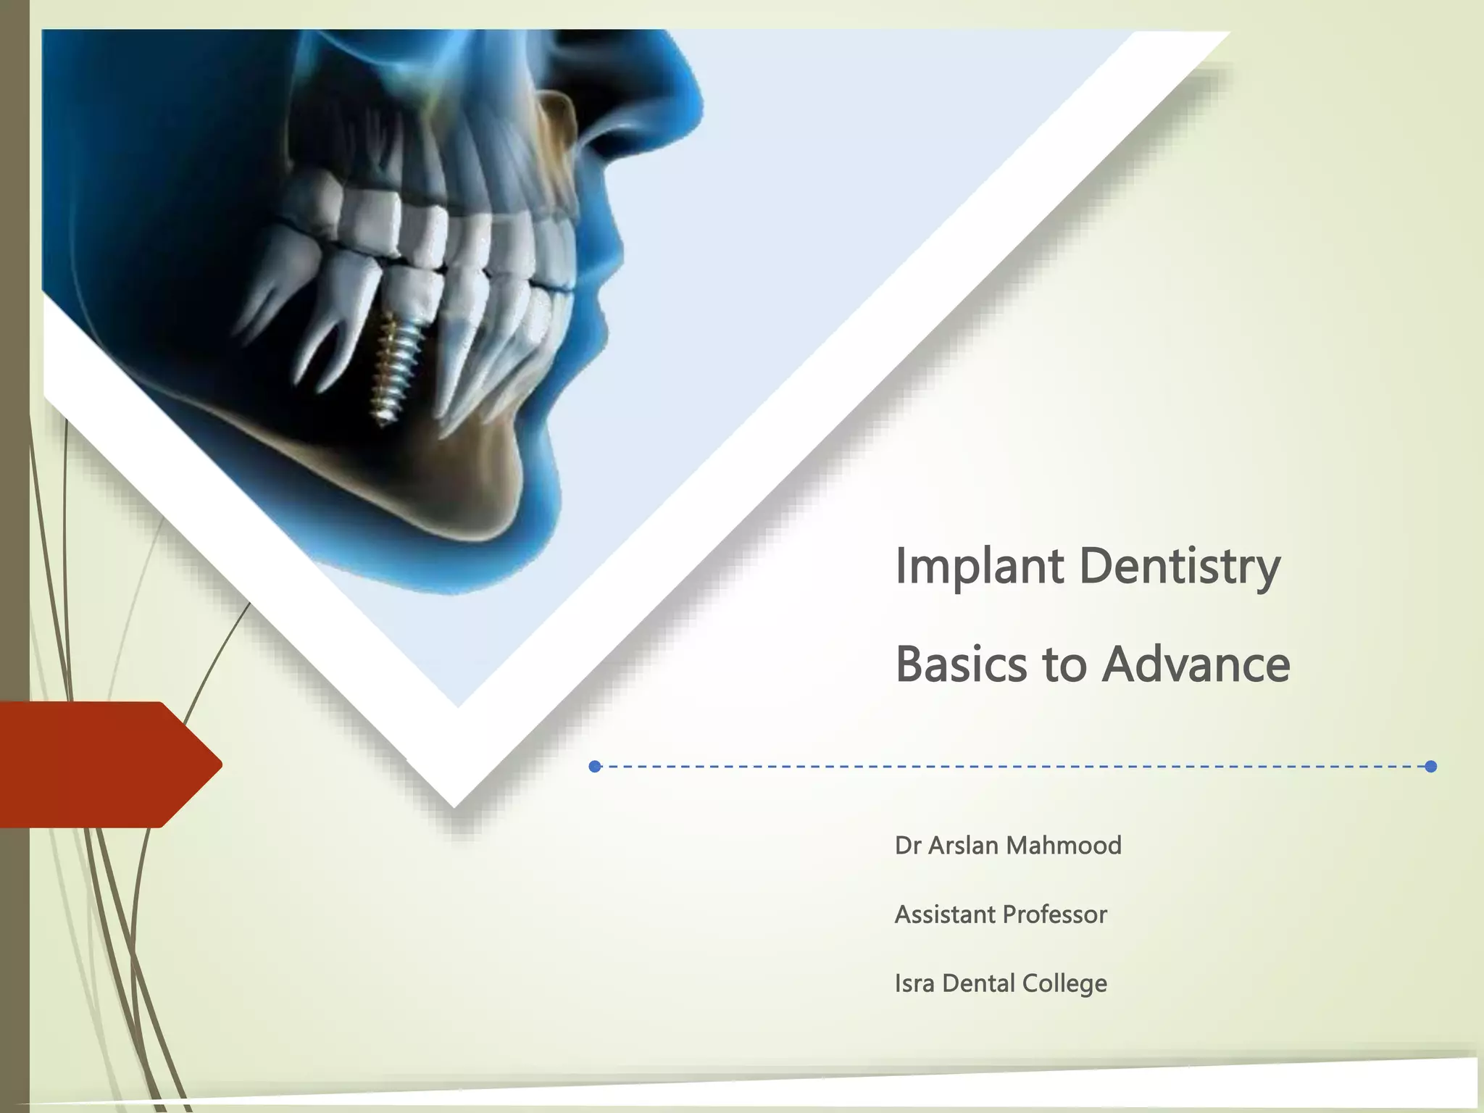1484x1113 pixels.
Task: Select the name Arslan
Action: pyautogui.click(x=963, y=845)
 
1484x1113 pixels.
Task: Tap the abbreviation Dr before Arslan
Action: pyautogui.click(x=907, y=845)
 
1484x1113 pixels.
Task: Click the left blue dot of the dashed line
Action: pyautogui.click(x=595, y=767)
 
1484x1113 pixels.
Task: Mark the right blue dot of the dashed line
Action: pyautogui.click(x=1430, y=767)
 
